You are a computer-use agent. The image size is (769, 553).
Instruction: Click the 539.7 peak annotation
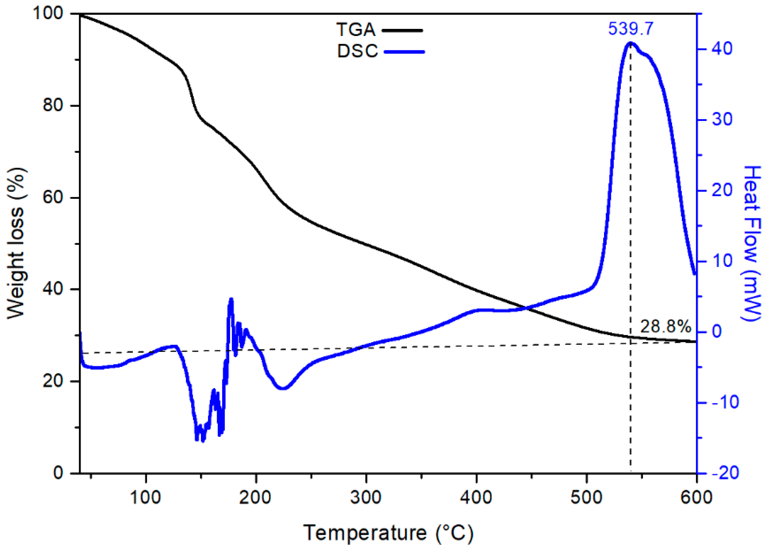630,29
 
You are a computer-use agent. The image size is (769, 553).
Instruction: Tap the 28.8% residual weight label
665,327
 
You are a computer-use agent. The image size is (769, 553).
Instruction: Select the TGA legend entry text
356,30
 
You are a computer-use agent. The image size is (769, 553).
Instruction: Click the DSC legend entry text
357,51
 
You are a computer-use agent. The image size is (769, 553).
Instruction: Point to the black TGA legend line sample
402,30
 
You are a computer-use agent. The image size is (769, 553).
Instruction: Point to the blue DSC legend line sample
404,52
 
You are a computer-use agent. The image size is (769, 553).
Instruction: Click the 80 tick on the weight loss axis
53,105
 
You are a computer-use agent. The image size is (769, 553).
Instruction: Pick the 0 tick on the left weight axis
59,473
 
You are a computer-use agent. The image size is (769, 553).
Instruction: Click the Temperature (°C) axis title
388,533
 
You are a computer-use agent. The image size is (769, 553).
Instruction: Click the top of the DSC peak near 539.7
630,43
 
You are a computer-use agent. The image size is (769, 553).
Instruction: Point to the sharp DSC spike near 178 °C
231,299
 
